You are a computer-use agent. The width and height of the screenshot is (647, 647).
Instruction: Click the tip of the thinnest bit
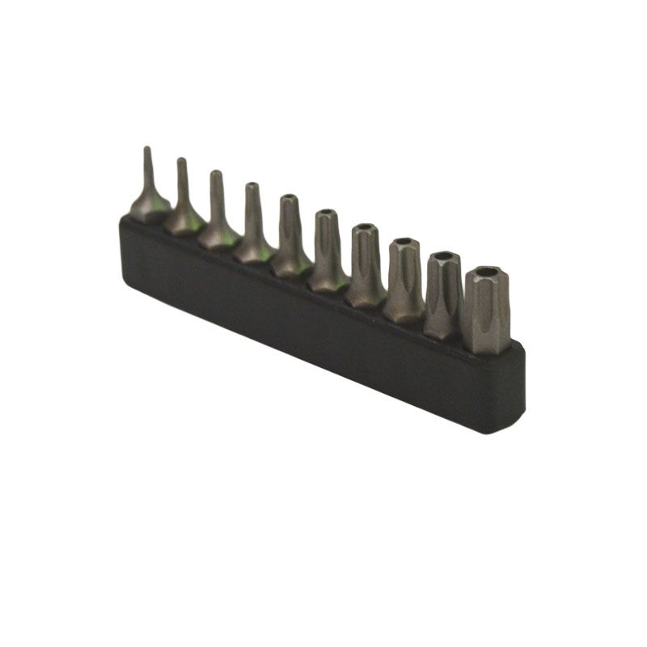click(x=146, y=150)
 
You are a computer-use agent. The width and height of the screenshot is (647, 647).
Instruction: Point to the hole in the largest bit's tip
click(x=487, y=274)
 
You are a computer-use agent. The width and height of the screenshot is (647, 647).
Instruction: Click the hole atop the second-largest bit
click(x=443, y=257)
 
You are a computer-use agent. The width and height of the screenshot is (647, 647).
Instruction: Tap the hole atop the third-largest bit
click(x=404, y=241)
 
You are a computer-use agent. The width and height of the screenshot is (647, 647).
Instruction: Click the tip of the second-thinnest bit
click(x=181, y=161)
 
